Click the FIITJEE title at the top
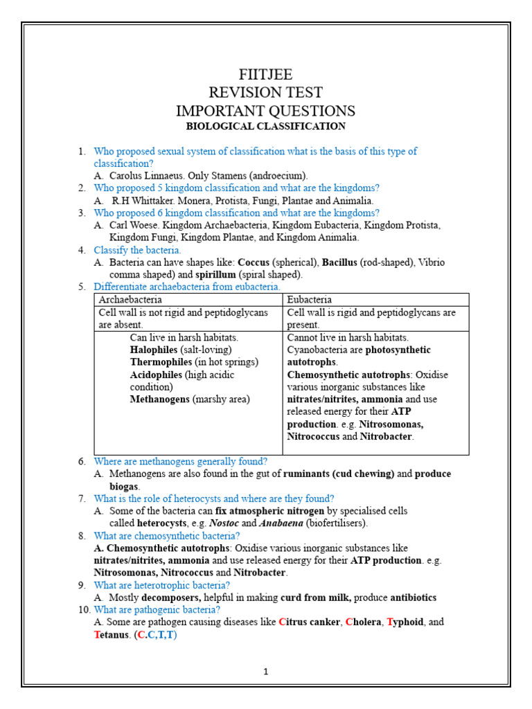[265, 75]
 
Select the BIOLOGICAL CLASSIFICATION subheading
[265, 126]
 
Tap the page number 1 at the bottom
[265, 671]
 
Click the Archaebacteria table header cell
[131, 300]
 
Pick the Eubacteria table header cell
[310, 300]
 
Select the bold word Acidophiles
[157, 375]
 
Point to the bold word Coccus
[254, 263]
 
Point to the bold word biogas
[124, 486]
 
